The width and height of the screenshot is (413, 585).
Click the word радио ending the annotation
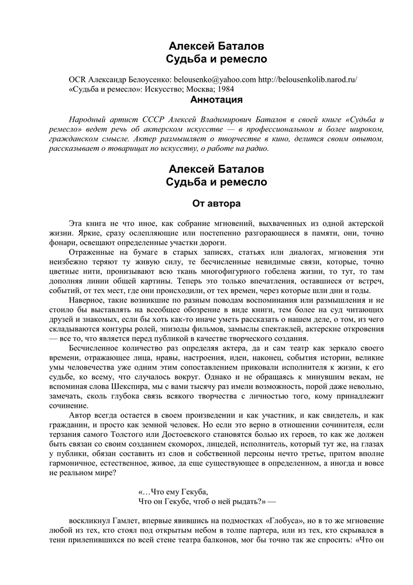256,149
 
